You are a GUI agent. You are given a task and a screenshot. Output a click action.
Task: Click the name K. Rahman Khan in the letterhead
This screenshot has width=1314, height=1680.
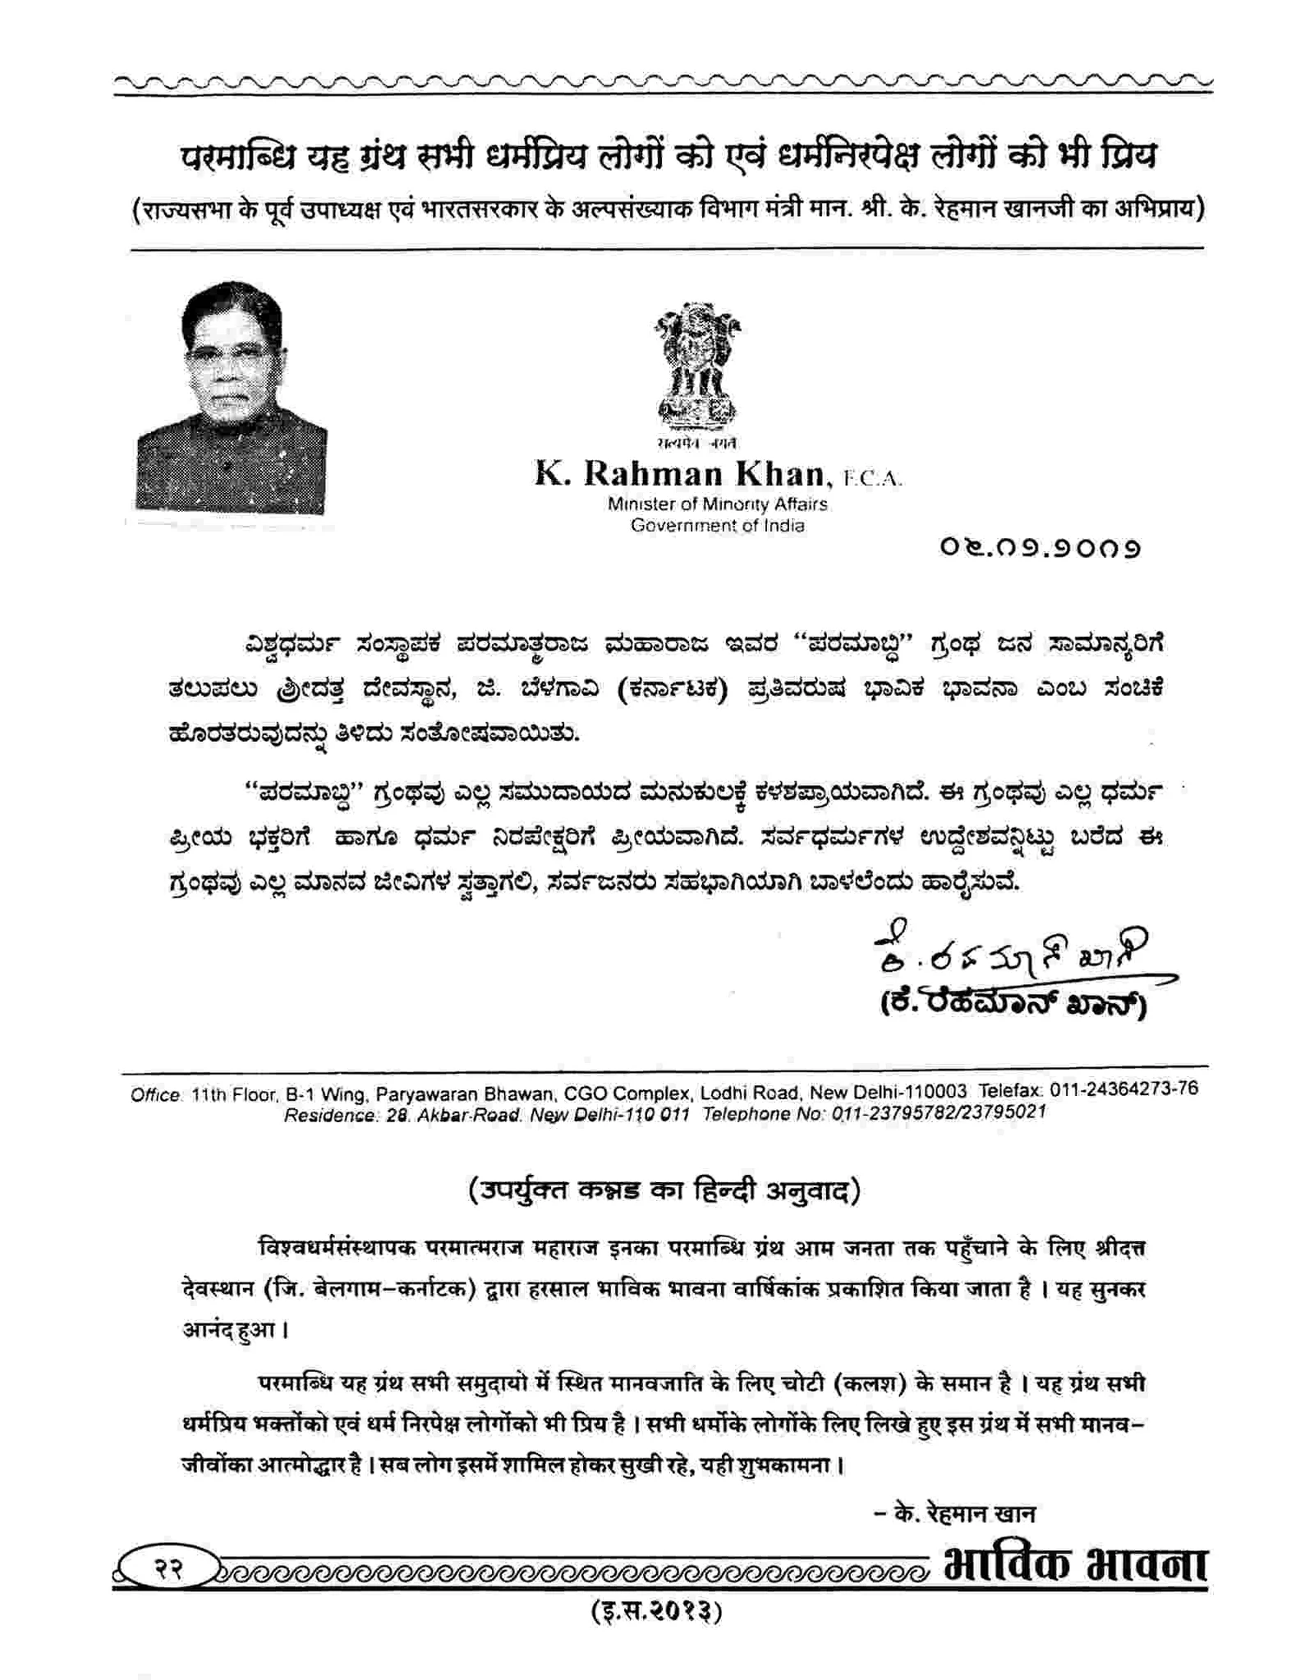tap(679, 474)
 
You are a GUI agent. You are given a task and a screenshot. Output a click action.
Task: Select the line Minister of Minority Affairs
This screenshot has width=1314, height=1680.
tap(717, 504)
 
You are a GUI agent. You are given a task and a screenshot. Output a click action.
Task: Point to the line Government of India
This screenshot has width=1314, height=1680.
tap(717, 526)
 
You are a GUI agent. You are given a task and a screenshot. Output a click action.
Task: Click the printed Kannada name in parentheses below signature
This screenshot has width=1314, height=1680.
tap(1012, 1005)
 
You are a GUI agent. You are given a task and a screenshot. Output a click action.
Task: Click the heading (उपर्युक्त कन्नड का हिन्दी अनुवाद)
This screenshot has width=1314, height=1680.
tap(664, 1190)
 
